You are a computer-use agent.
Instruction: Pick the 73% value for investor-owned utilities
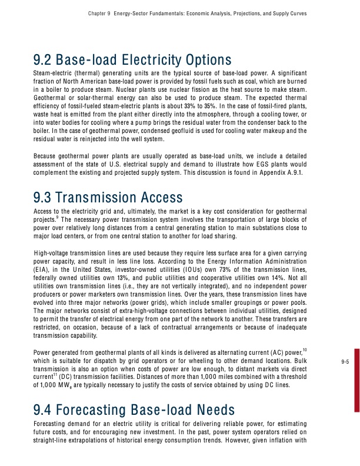(x=241, y=270)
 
